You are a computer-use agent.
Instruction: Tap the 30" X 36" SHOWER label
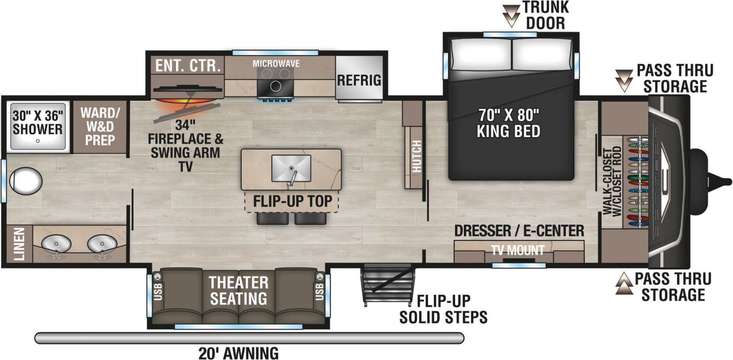click(37, 123)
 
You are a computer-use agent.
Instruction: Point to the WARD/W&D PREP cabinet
click(100, 127)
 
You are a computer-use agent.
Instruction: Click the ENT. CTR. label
click(188, 66)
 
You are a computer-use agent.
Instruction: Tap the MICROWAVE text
click(276, 64)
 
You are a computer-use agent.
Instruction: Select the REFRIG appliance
click(359, 80)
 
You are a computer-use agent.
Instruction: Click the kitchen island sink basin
click(291, 168)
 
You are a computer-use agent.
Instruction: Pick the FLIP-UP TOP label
click(292, 201)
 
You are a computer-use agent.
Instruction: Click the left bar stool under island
click(273, 218)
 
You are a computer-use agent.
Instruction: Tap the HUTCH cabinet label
click(417, 157)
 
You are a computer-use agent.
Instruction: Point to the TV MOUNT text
click(518, 250)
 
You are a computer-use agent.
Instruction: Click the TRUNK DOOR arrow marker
click(511, 15)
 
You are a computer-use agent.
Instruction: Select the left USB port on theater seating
click(158, 292)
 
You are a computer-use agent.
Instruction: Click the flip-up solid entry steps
click(387, 284)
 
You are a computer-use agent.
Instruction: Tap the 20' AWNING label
click(238, 353)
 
